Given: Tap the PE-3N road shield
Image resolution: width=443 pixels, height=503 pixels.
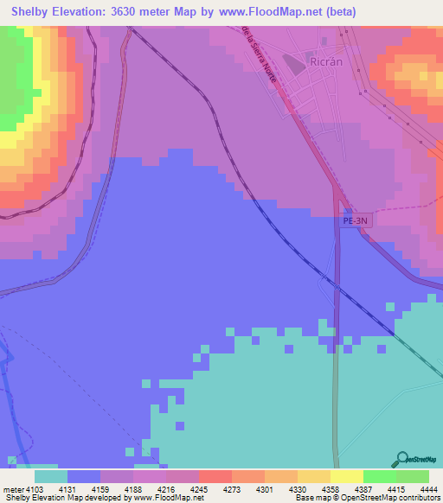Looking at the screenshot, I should click(356, 221).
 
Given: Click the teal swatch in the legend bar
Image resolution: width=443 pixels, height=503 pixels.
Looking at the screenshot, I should click(51, 475).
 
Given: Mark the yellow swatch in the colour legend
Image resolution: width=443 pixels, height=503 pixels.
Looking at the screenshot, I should click(347, 475).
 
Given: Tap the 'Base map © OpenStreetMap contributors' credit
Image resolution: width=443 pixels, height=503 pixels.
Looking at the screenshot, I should click(368, 498).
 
